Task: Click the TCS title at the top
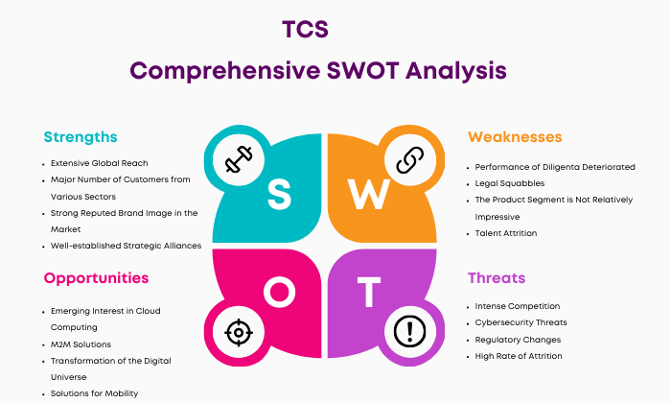(x=305, y=30)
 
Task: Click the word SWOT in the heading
(x=363, y=71)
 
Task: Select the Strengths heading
(x=81, y=137)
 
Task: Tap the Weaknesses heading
(x=515, y=137)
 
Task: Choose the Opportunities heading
(x=96, y=278)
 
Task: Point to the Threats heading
(x=497, y=278)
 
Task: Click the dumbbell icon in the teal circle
(x=239, y=159)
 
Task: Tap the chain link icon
(x=410, y=159)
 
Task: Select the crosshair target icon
(x=239, y=332)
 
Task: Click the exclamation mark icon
(x=410, y=331)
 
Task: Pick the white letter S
(x=279, y=195)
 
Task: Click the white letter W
(x=368, y=195)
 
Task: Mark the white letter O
(x=279, y=292)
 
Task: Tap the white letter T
(x=369, y=292)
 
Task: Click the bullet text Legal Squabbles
(x=510, y=183)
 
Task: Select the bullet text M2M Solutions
(x=81, y=344)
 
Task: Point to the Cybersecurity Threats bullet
(x=521, y=323)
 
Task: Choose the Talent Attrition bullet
(x=506, y=233)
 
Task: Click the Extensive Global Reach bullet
(x=100, y=163)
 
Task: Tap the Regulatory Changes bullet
(x=518, y=340)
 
